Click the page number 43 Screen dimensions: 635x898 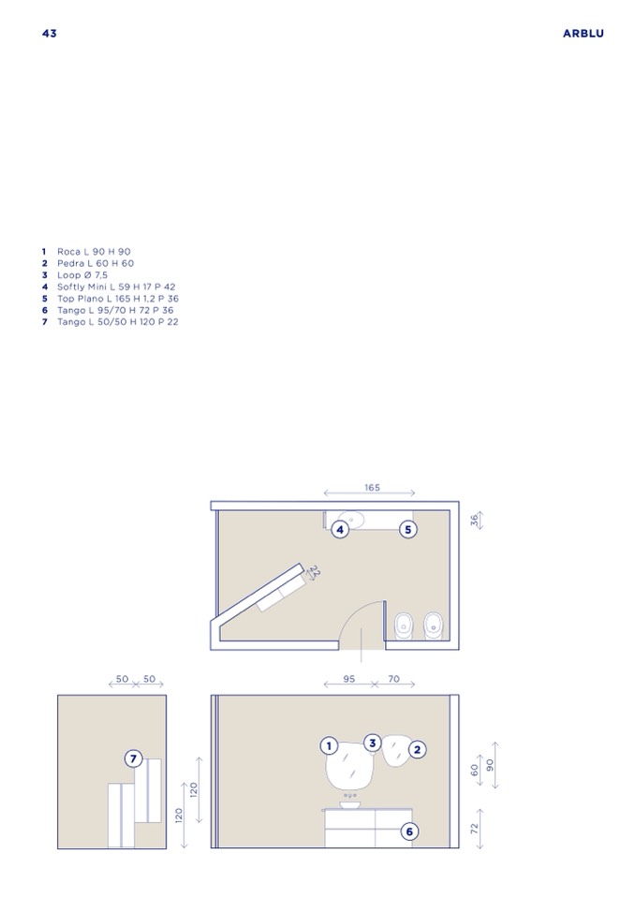click(50, 33)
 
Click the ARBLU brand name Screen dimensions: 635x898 click(583, 33)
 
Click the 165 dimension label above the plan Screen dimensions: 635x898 click(372, 487)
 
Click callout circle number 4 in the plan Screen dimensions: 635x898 click(340, 530)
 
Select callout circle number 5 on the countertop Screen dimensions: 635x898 click(407, 530)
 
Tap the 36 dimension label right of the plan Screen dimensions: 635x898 click(474, 520)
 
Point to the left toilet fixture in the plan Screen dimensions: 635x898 click(404, 626)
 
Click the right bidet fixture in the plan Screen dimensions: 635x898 click(434, 626)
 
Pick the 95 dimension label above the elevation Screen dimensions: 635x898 click(348, 679)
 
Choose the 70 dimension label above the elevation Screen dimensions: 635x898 click(394, 679)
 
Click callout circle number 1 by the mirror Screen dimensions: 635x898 click(329, 746)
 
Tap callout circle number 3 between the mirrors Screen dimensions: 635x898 click(373, 743)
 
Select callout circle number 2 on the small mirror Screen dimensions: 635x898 click(417, 750)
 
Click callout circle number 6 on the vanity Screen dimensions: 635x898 click(409, 832)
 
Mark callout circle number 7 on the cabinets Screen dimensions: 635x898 click(133, 758)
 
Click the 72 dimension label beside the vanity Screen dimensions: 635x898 click(474, 828)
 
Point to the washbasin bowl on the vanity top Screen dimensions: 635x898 click(350, 804)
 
